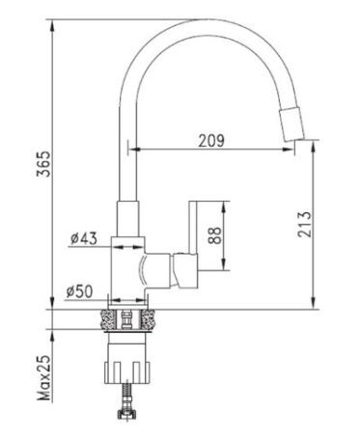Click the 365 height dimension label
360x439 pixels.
click(43, 163)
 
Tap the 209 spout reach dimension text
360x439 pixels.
click(211, 140)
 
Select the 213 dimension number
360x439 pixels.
click(305, 225)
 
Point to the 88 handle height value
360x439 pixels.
click(215, 235)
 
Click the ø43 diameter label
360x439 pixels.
click(84, 238)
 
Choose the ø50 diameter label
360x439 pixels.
click(79, 291)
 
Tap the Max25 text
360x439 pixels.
click(44, 378)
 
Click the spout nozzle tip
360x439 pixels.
click(292, 124)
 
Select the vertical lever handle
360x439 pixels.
click(193, 228)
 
